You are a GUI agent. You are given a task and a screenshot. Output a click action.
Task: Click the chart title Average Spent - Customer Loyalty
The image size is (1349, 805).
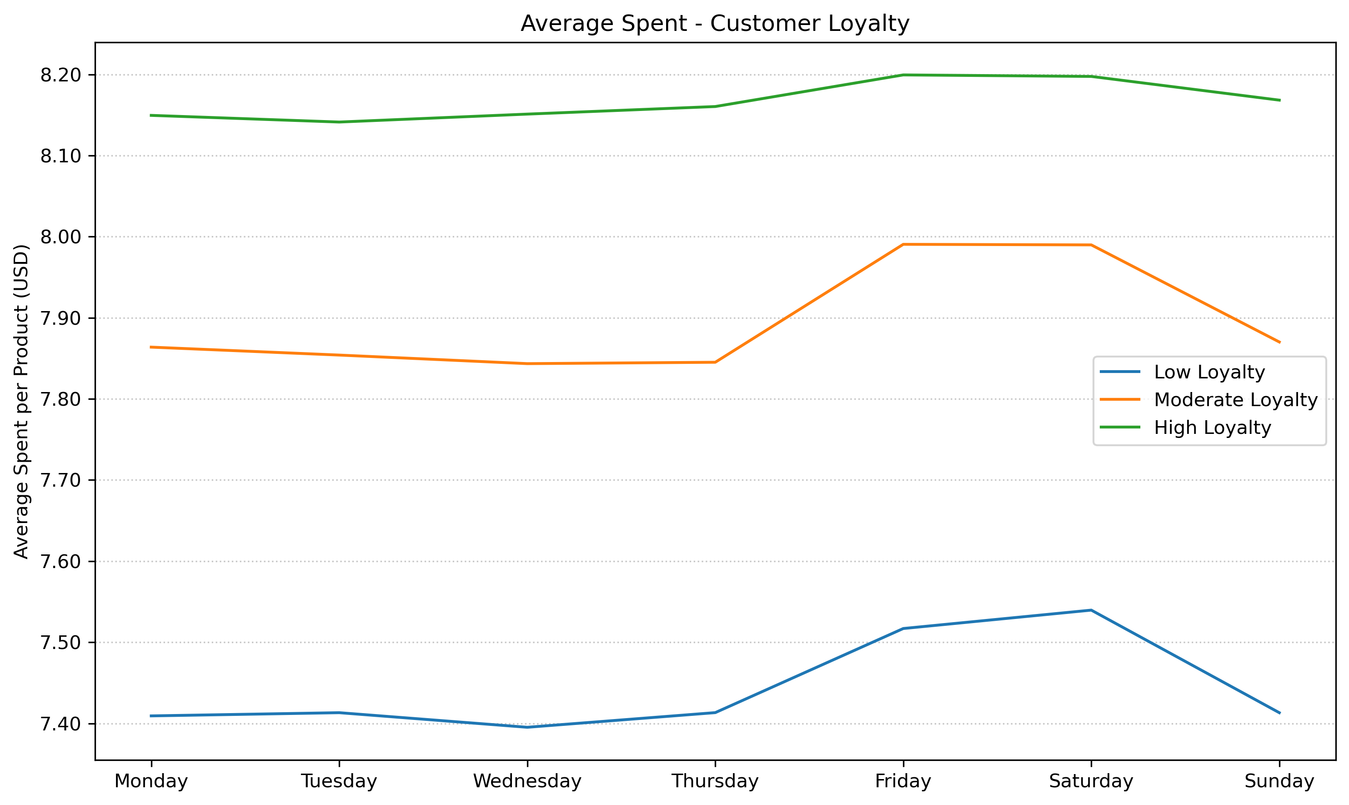pos(715,24)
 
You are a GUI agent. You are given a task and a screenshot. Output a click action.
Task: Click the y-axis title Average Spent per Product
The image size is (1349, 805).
pos(22,402)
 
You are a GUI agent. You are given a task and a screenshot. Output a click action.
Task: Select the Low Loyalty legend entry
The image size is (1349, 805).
pos(1209,372)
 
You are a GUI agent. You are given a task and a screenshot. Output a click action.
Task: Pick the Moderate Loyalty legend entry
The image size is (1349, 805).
pos(1235,400)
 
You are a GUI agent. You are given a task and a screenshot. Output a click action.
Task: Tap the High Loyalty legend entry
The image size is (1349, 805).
pos(1212,428)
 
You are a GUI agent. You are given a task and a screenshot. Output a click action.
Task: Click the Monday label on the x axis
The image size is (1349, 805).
pos(151,781)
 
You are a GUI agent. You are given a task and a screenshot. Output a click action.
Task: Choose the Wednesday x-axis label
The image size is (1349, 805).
pos(527,781)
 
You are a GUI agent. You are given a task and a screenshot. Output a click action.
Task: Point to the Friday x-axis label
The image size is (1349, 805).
pos(903,781)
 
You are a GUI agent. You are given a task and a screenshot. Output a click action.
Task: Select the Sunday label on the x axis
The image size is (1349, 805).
pos(1279,781)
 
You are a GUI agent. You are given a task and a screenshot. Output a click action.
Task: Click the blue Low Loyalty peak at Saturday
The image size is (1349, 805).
pos(1091,610)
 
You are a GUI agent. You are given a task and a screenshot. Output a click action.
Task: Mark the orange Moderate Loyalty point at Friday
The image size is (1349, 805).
pos(903,245)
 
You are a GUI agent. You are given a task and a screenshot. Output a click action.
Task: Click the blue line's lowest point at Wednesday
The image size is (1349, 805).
pos(527,727)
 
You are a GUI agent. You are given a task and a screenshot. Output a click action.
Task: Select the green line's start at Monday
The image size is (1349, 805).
pos(151,115)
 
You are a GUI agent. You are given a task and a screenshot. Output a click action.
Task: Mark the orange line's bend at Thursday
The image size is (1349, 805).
pos(715,362)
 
